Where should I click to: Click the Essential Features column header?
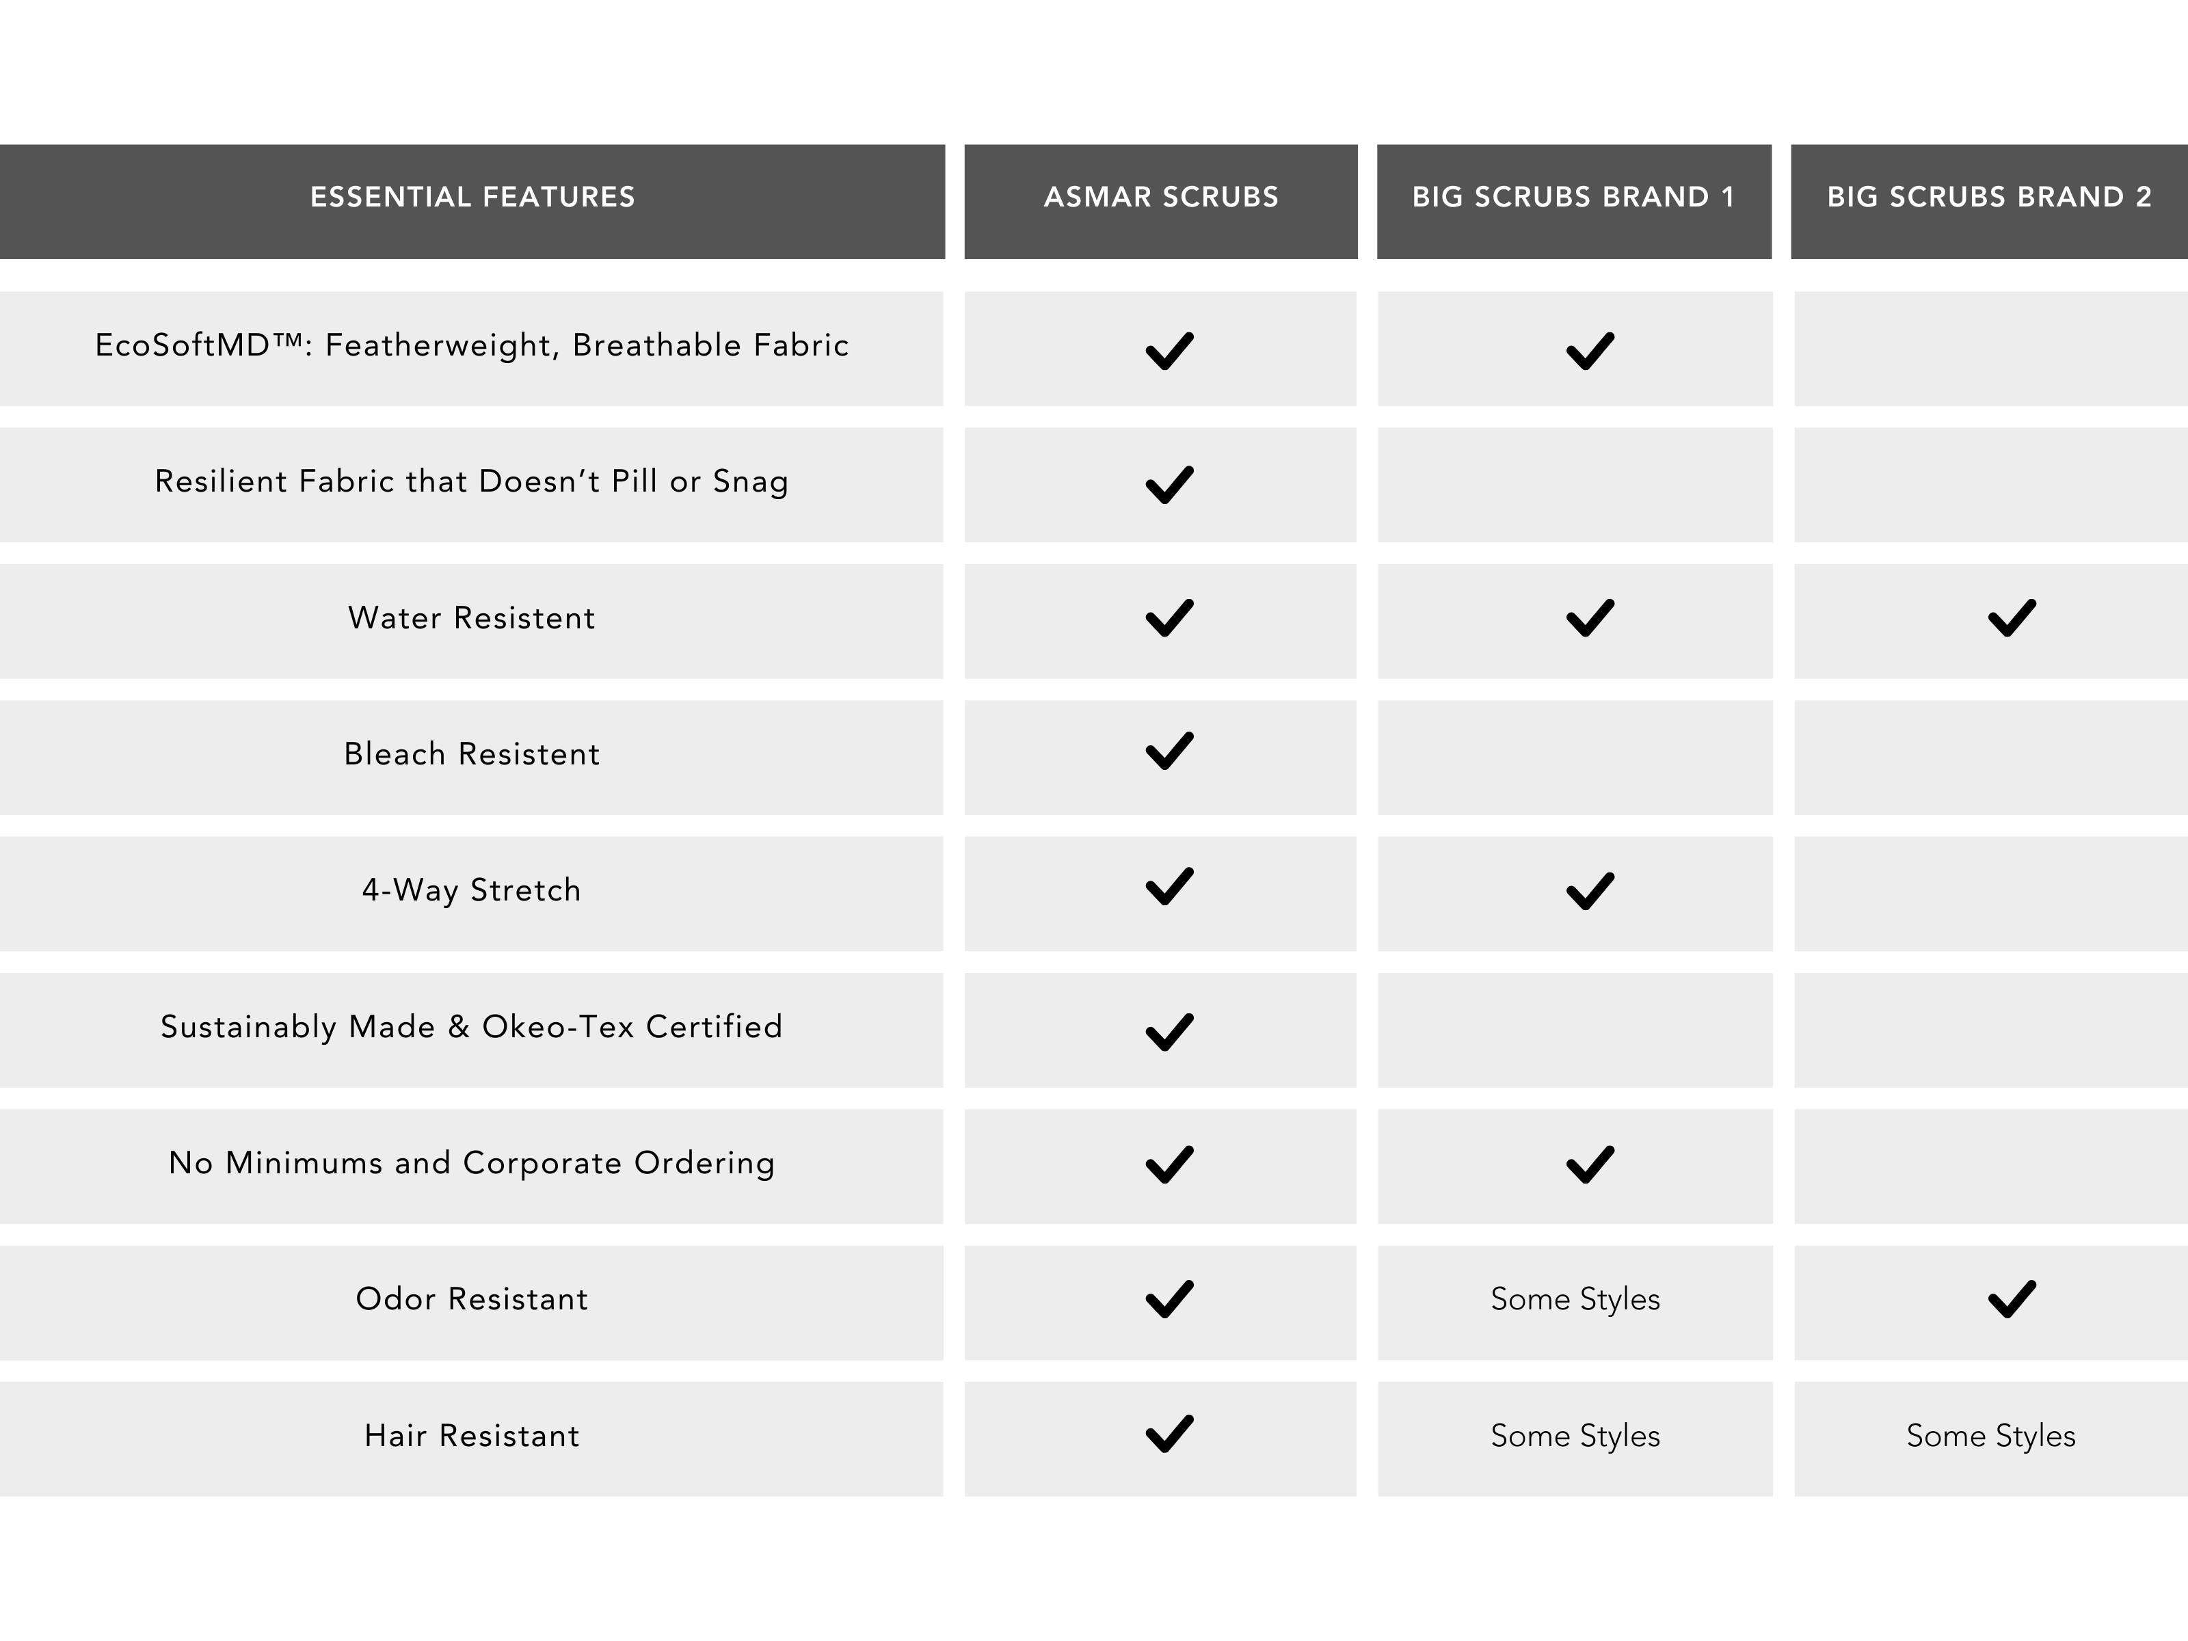[x=472, y=197]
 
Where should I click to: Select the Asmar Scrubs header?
[x=1160, y=197]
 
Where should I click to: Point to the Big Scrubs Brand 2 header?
[x=1988, y=197]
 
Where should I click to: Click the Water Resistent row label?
[x=471, y=618]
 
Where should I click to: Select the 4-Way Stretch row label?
[x=471, y=890]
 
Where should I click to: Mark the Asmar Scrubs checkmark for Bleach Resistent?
[x=1169, y=751]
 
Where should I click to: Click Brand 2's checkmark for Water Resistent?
[x=2011, y=618]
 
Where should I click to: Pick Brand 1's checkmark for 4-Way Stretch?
[x=1590, y=891]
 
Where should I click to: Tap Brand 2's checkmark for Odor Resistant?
[x=2011, y=1300]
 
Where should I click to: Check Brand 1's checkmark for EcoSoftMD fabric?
[x=1590, y=351]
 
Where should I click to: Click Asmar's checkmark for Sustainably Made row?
[x=1169, y=1032]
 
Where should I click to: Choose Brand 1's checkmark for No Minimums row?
[x=1590, y=1164]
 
